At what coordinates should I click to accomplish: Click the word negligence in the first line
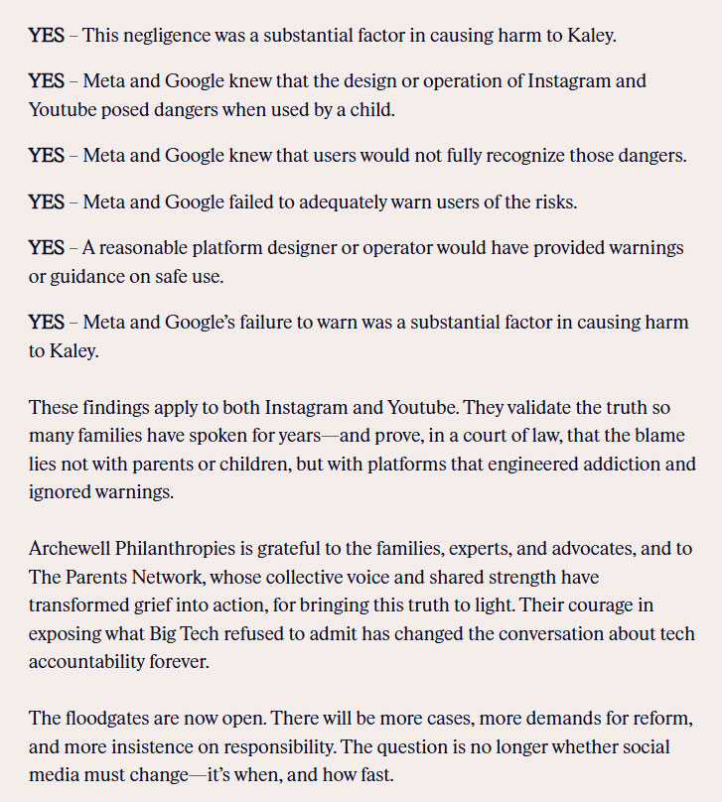(x=169, y=36)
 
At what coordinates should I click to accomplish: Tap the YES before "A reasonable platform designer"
(x=46, y=247)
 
